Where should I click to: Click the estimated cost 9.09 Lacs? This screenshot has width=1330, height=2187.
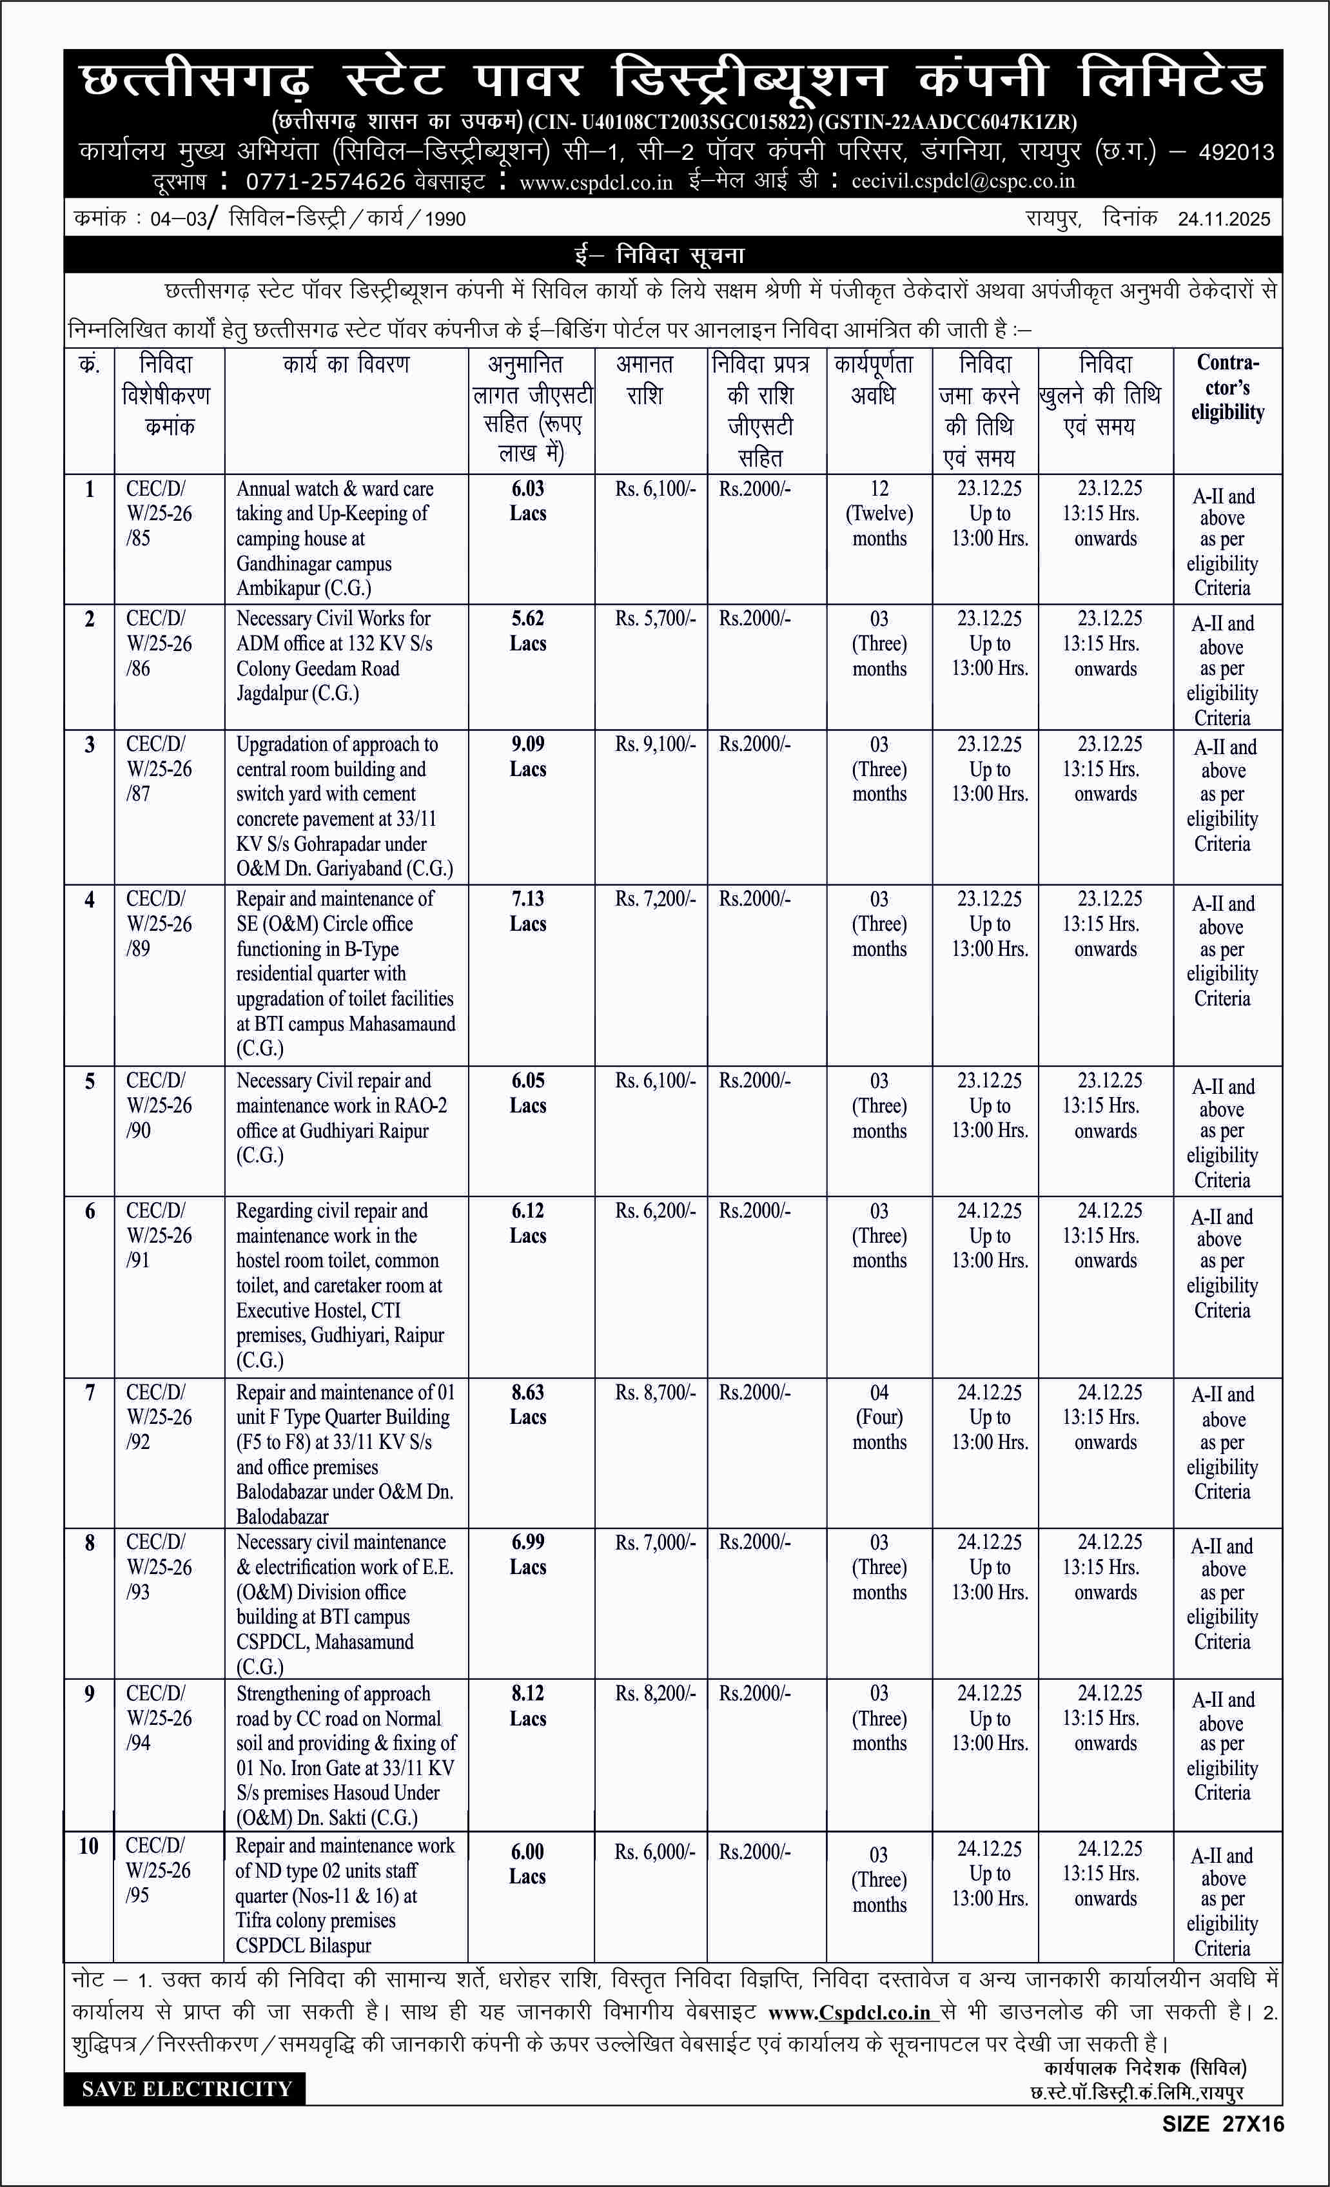point(527,756)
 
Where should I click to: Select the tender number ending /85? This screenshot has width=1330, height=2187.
point(158,513)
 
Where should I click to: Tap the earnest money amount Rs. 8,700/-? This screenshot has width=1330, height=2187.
point(655,1393)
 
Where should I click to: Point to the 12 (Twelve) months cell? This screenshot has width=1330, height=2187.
point(879,513)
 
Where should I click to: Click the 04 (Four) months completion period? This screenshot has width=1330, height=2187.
point(879,1417)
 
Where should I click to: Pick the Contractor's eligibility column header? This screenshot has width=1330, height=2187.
point(1227,387)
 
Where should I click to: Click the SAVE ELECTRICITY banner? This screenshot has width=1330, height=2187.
point(186,2088)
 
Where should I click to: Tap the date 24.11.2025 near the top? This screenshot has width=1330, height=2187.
point(1224,219)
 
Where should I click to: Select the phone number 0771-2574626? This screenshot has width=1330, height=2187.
point(325,182)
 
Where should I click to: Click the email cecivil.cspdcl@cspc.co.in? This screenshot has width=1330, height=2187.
point(963,182)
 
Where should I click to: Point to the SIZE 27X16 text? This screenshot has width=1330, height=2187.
point(1222,2124)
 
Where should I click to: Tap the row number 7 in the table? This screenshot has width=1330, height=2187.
point(90,1393)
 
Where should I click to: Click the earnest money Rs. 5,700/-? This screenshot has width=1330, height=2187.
point(655,619)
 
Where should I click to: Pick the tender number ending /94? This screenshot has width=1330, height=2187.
point(158,1718)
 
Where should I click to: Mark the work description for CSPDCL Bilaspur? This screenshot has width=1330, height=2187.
point(344,1895)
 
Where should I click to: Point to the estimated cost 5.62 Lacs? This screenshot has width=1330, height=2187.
point(527,631)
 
